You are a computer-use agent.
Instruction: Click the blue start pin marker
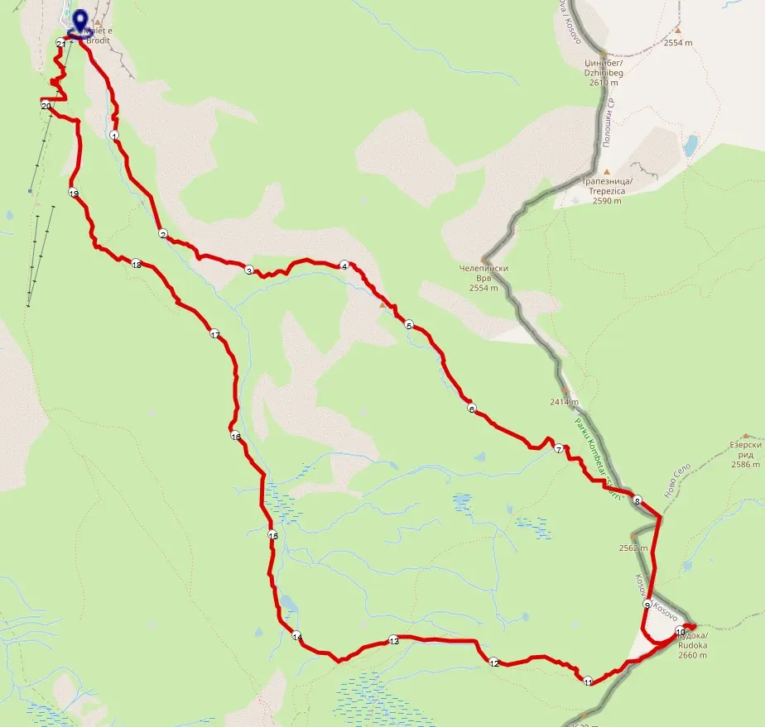click(80, 22)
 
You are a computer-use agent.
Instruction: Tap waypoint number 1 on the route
click(113, 135)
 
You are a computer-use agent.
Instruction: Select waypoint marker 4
click(344, 265)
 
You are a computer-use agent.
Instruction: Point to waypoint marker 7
click(559, 450)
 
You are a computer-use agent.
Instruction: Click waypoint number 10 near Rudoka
click(681, 632)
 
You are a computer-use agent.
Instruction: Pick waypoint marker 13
click(394, 641)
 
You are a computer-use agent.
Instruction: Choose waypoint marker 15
click(273, 537)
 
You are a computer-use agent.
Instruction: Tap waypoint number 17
click(214, 335)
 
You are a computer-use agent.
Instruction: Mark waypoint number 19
click(74, 194)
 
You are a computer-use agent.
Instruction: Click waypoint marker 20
click(46, 106)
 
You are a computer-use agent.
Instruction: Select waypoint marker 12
click(494, 662)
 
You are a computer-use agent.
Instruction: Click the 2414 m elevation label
click(563, 403)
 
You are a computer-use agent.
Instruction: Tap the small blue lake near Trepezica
click(690, 146)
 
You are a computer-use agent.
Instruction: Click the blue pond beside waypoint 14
click(286, 601)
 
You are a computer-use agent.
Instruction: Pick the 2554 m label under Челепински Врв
click(484, 288)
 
